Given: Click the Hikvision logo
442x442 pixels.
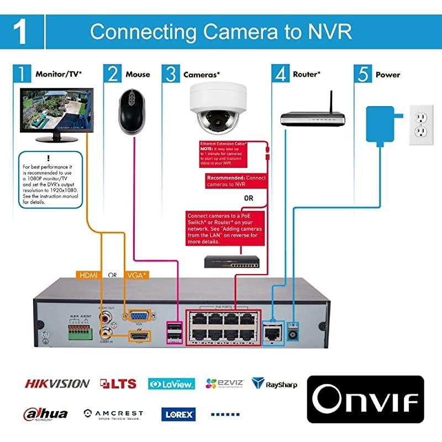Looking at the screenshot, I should click(x=56, y=383).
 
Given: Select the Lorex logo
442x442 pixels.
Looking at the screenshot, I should click(x=178, y=413).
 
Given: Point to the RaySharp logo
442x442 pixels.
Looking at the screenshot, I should click(x=275, y=383).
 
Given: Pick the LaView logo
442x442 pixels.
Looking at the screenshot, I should click(x=171, y=383).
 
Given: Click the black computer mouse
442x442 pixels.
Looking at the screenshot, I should click(x=133, y=109).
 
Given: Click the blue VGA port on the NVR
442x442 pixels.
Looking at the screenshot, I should click(x=136, y=316).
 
